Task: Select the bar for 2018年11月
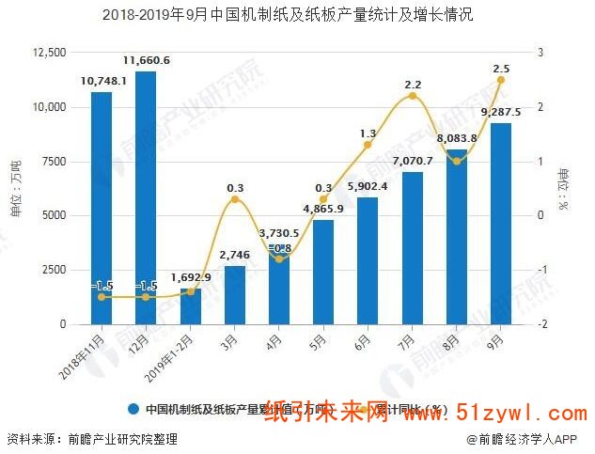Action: (102, 207)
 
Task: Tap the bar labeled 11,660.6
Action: (146, 197)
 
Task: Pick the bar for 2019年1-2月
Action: (190, 306)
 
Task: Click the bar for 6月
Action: (367, 260)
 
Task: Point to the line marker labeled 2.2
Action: (412, 96)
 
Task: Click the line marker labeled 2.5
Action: (500, 80)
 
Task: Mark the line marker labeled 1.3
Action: (368, 145)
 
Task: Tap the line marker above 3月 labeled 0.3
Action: (235, 199)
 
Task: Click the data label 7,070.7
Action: (411, 162)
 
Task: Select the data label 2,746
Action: (234, 256)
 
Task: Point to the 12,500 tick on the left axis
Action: (48, 53)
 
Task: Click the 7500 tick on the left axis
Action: (55, 162)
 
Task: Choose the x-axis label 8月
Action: (451, 337)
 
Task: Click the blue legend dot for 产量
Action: (134, 409)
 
